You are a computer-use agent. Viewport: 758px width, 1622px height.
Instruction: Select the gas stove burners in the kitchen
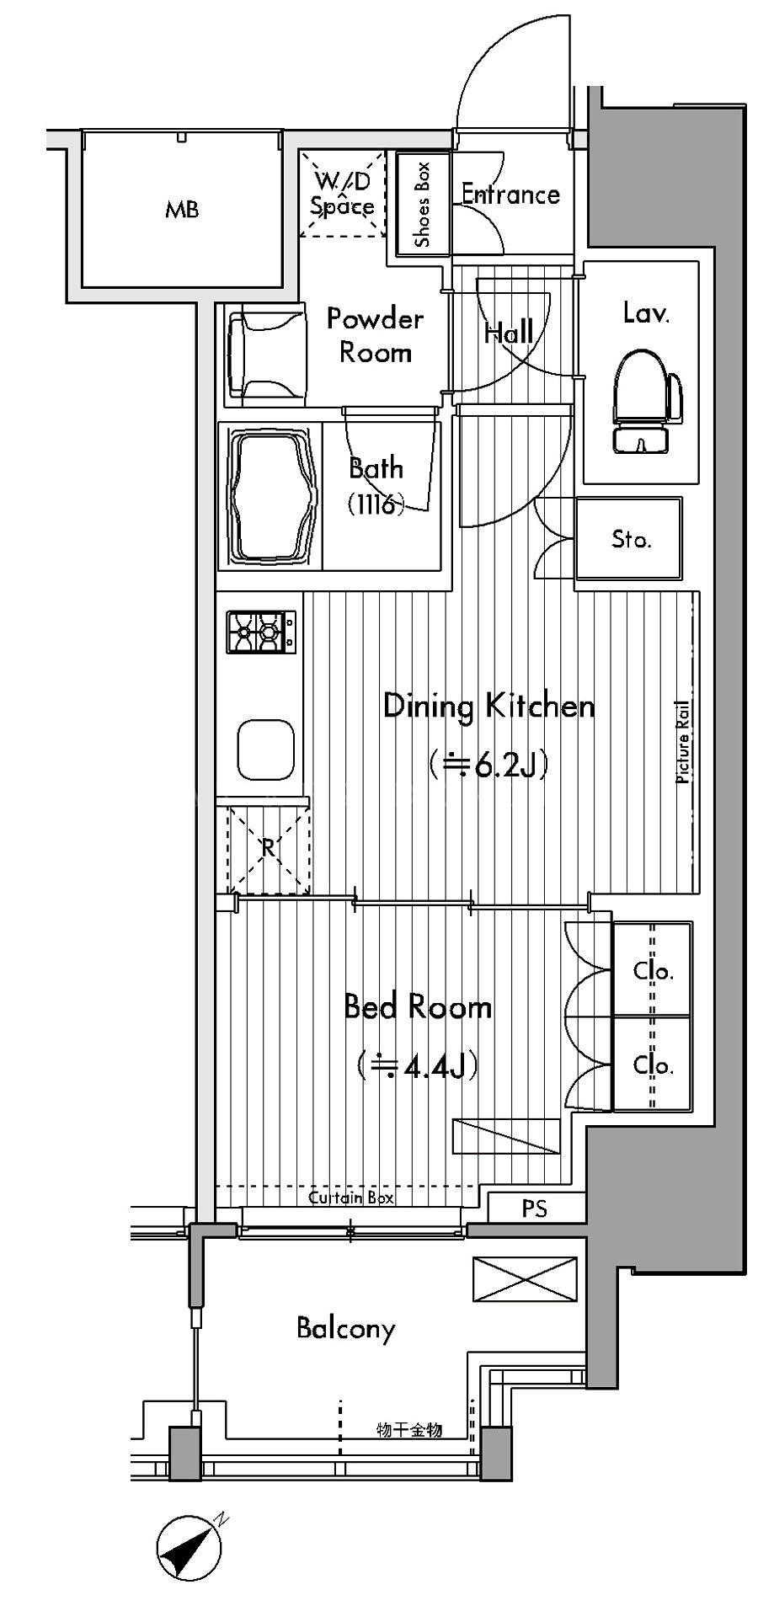(261, 631)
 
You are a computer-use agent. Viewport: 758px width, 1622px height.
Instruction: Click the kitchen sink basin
(266, 750)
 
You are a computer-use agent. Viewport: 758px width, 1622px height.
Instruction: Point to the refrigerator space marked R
(268, 847)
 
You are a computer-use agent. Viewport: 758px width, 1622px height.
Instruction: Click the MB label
(182, 210)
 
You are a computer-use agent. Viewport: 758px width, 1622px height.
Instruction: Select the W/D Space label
(343, 194)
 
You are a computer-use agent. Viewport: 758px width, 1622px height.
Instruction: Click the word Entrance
(510, 195)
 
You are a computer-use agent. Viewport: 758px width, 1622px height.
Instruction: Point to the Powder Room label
(375, 335)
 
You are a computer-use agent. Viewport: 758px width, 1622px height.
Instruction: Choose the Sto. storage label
(632, 538)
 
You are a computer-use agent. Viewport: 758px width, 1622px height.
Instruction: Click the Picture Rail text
(683, 743)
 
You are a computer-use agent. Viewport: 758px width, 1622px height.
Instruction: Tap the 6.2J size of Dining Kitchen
(488, 766)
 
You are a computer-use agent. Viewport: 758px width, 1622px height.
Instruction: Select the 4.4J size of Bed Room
(418, 1066)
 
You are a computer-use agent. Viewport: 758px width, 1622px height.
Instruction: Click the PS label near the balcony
(535, 1208)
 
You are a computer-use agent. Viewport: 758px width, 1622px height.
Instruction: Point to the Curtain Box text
(351, 1198)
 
